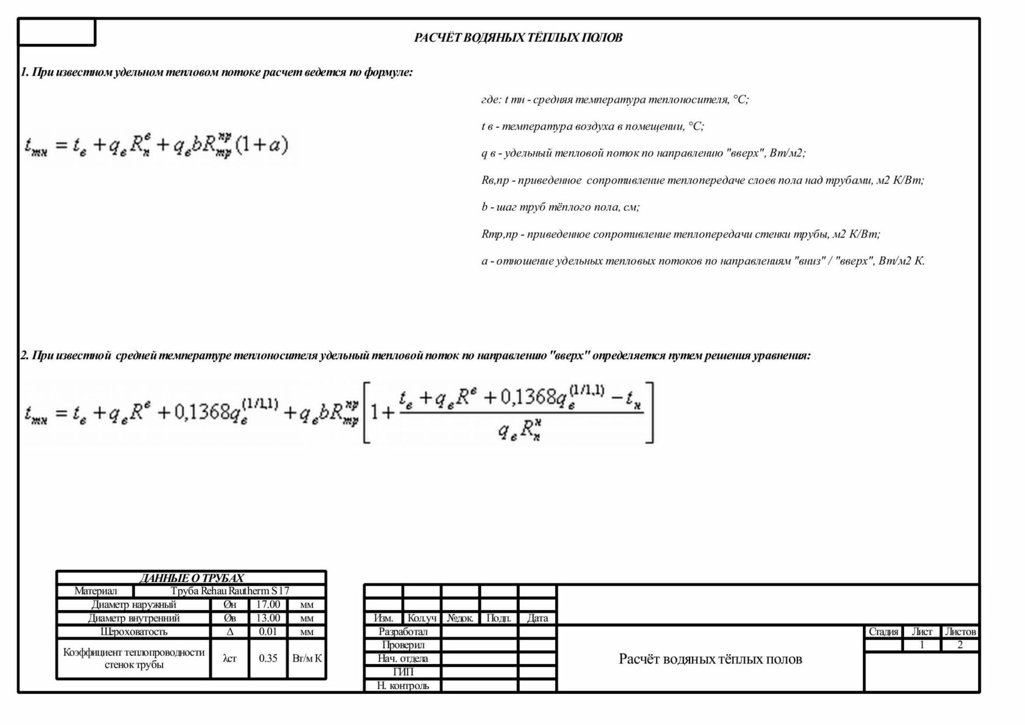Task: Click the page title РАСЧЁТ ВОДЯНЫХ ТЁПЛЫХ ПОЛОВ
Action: [x=518, y=38]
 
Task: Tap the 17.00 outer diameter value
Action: [x=268, y=605]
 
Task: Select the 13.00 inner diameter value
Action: [x=268, y=618]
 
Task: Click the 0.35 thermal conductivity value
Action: [x=268, y=658]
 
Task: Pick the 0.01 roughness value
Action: [x=268, y=632]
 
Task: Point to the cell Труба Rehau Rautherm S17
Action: [x=230, y=591]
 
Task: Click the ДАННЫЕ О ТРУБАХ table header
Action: [x=192, y=578]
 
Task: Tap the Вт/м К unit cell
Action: [x=307, y=658]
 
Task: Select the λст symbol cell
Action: [x=230, y=658]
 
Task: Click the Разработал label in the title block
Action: [x=403, y=632]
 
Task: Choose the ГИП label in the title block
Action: [x=403, y=672]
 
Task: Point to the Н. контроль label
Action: [x=403, y=685]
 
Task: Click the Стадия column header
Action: [x=883, y=632]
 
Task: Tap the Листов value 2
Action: [x=960, y=645]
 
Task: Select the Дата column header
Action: [x=537, y=618]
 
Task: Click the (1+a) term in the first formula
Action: [x=261, y=145]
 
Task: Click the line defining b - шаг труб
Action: [x=560, y=207]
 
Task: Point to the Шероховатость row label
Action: [x=134, y=632]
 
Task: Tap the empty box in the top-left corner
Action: [x=57, y=32]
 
